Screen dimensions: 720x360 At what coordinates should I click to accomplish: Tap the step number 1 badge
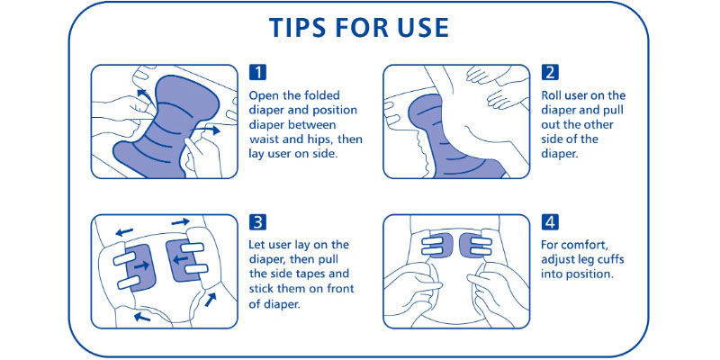click(257, 72)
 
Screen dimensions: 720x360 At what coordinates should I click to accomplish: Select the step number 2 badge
click(550, 72)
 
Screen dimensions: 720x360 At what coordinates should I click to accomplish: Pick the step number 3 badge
click(257, 222)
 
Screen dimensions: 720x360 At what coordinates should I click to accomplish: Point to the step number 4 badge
click(550, 222)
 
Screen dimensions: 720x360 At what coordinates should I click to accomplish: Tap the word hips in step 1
click(321, 139)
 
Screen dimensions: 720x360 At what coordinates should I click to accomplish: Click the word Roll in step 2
click(551, 95)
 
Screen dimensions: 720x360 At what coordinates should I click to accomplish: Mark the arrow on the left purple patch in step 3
click(141, 265)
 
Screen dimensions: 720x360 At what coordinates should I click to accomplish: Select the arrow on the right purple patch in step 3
click(180, 260)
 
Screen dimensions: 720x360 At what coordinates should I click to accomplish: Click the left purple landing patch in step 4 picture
click(437, 246)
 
